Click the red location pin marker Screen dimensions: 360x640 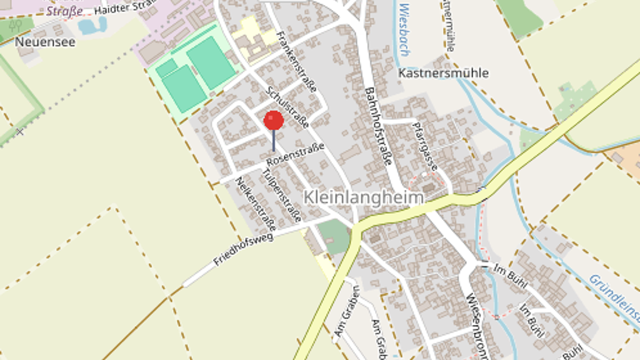pos(274,121)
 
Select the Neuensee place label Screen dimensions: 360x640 pos(45,42)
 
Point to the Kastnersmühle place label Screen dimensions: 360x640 pos(443,73)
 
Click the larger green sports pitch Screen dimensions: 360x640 pos(211,62)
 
